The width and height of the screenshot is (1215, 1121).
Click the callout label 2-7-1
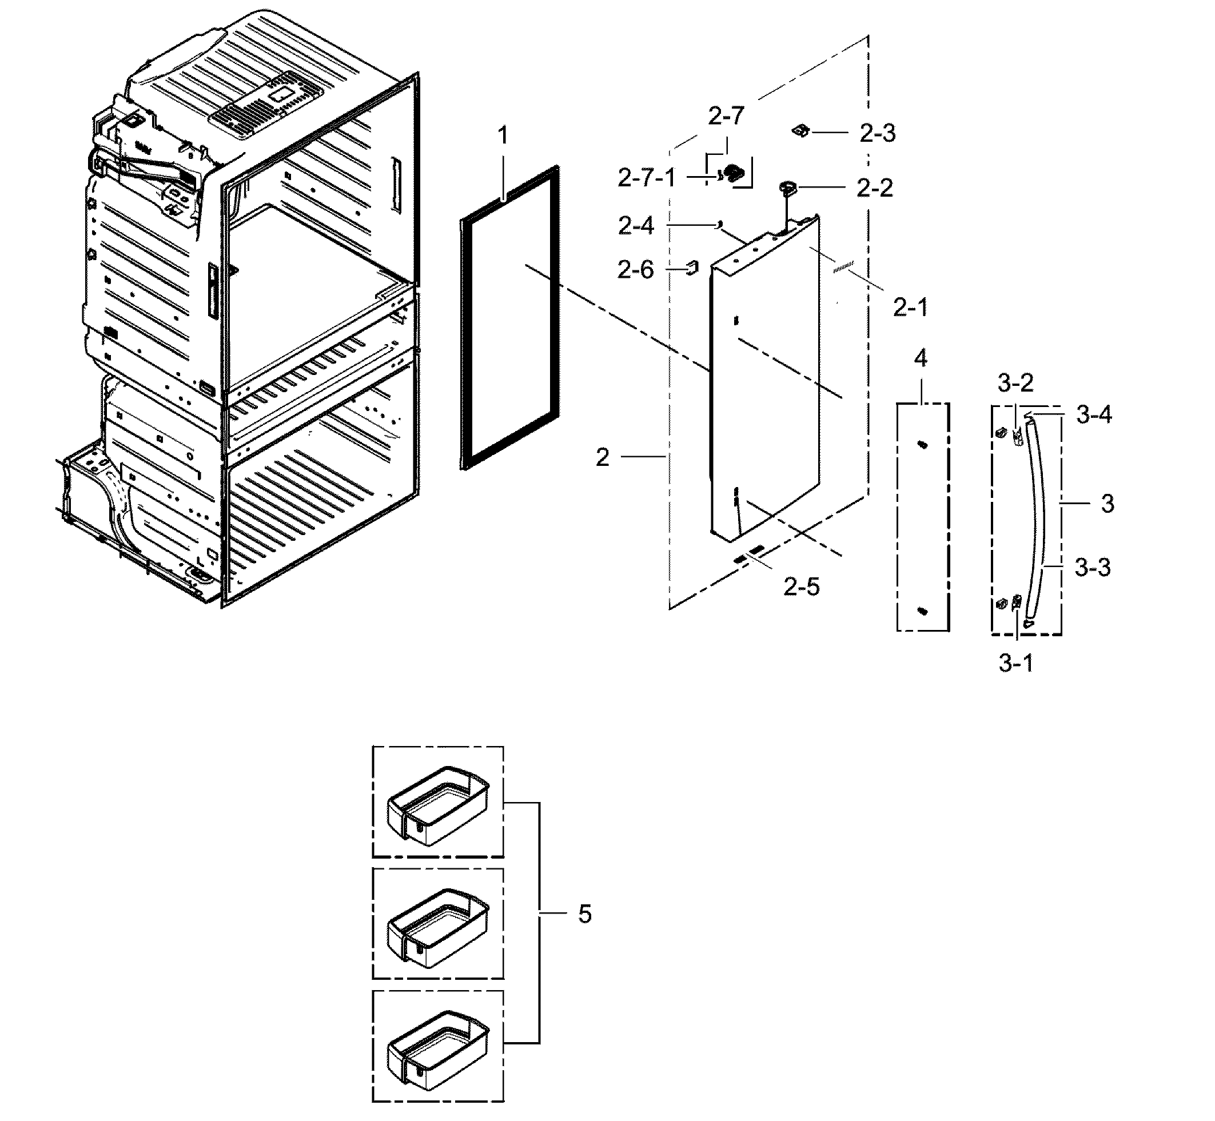click(646, 178)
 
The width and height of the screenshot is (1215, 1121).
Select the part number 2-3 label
click(877, 133)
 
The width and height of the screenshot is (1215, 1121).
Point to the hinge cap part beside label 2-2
click(788, 188)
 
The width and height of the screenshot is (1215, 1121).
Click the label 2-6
click(636, 269)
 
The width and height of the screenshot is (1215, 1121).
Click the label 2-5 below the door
click(801, 587)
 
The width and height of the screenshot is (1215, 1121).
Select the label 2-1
click(910, 308)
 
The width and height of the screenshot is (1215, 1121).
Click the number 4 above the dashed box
click(920, 358)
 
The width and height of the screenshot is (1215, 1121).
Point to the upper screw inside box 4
click(923, 445)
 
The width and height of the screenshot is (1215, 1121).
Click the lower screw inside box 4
click(923, 611)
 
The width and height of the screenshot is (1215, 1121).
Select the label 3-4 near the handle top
click(1094, 415)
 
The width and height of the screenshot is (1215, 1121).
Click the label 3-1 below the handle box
click(1016, 664)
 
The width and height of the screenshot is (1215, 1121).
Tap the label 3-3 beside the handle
click(1093, 568)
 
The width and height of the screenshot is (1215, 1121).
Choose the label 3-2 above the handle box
click(1015, 383)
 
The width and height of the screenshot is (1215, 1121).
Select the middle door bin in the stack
click(437, 927)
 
